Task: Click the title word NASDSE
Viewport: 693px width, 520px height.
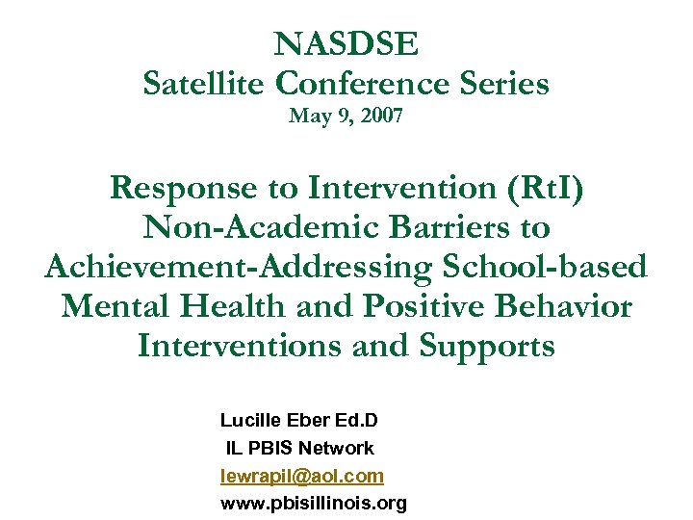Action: click(346, 44)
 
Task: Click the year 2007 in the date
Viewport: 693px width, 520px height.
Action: click(382, 117)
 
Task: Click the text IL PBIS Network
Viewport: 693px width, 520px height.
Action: click(299, 448)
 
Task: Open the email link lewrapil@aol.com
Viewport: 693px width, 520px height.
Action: click(301, 476)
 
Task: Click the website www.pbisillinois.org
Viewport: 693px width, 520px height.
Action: click(314, 503)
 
